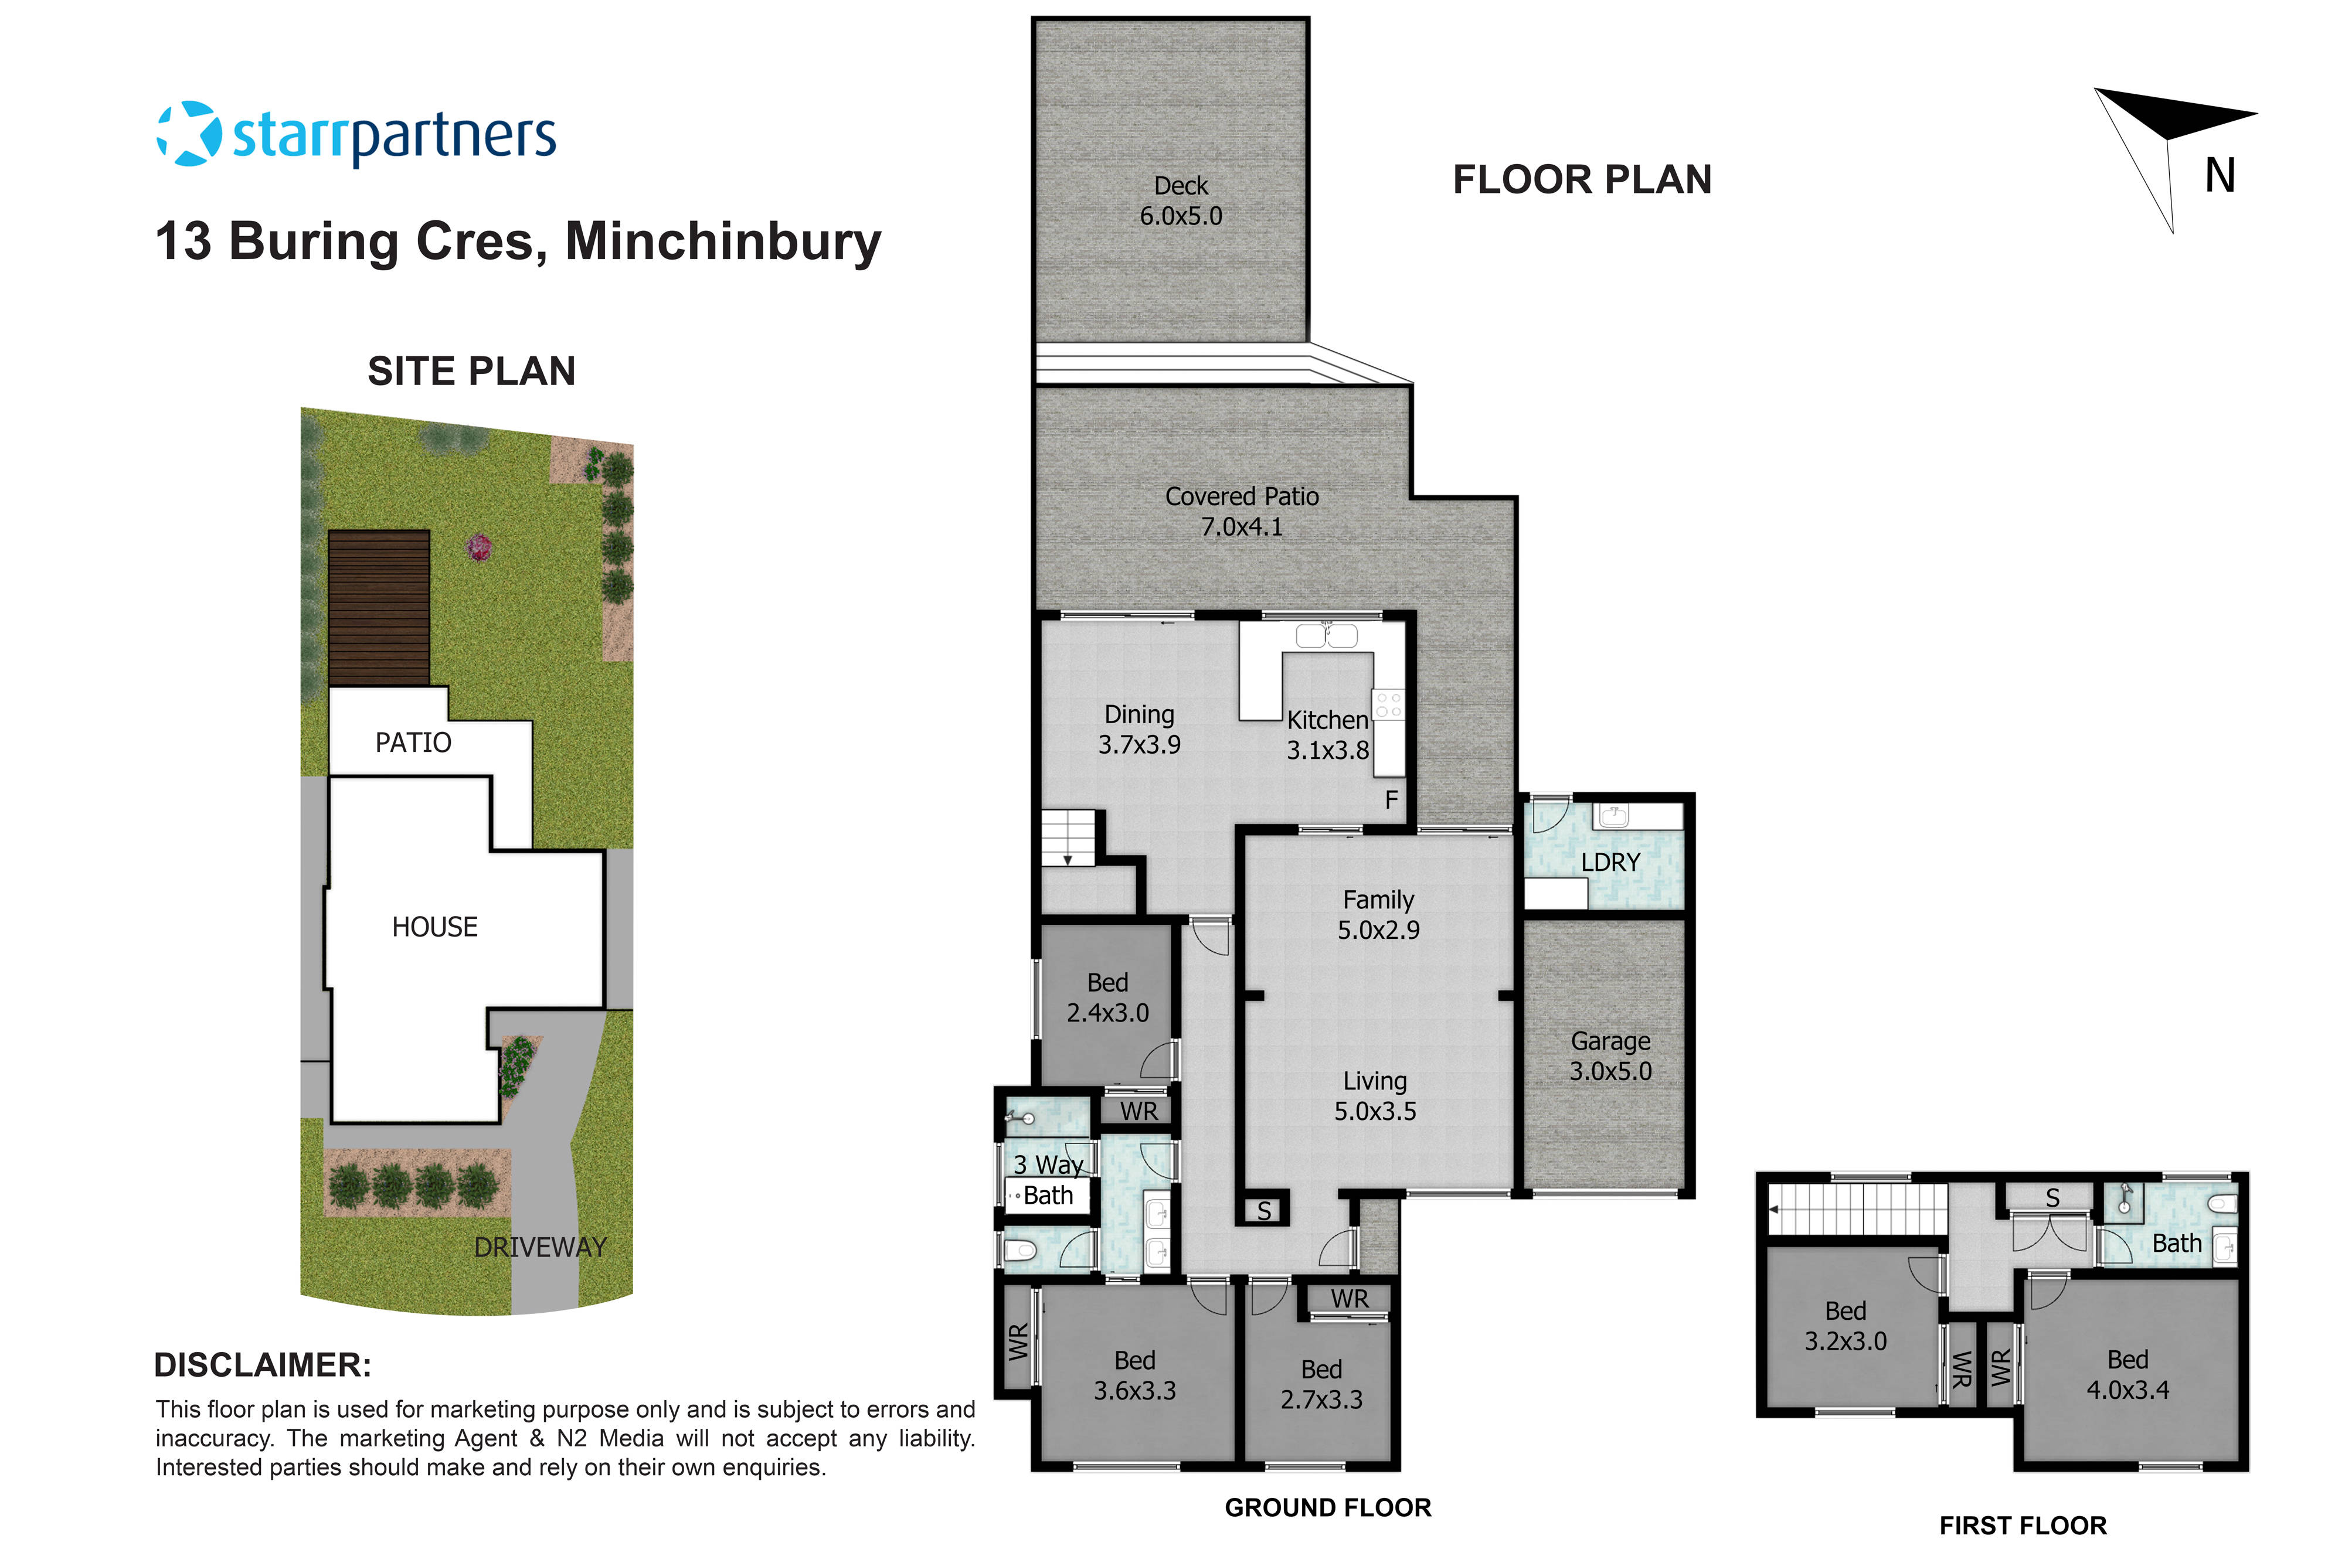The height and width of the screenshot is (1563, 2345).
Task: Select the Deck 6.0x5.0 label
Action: (x=1181, y=200)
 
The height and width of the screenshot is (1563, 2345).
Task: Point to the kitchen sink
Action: (x=1326, y=636)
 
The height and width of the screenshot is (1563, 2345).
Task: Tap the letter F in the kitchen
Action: (x=1392, y=799)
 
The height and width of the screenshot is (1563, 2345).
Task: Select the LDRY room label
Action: (x=1610, y=862)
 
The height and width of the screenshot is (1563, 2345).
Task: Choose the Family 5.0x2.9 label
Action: (x=1378, y=914)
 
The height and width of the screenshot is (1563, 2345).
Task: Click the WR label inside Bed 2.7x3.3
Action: (x=1349, y=1299)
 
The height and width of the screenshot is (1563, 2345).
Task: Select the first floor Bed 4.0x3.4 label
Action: (x=2128, y=1375)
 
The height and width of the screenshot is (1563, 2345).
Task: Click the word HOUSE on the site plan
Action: (x=434, y=927)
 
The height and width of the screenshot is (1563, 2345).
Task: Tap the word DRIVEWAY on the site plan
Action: (x=539, y=1247)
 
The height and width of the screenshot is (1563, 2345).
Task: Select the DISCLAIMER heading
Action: (x=262, y=1365)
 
